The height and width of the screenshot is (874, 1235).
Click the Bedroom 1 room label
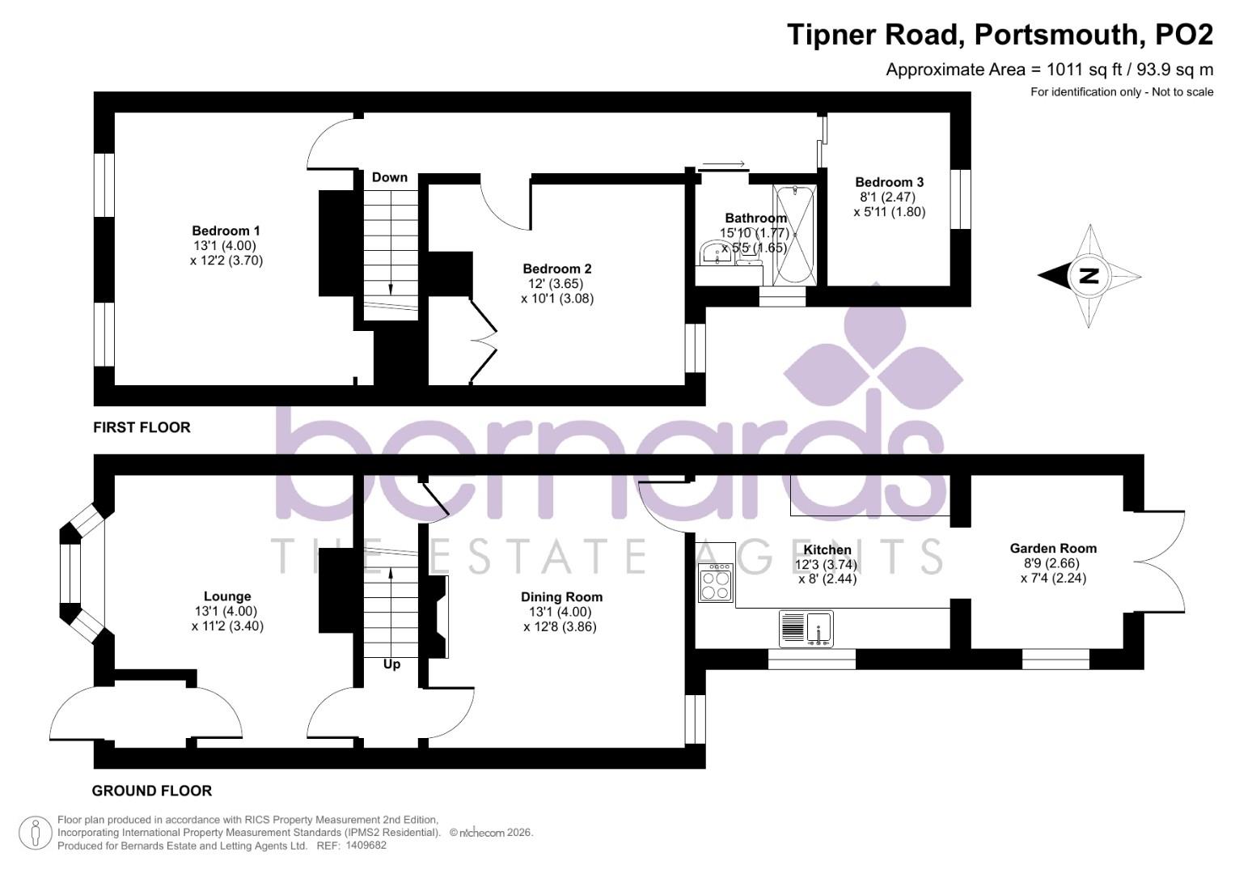226,231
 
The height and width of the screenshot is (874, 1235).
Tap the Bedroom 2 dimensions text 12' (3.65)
556,284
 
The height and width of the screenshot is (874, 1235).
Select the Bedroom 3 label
889,182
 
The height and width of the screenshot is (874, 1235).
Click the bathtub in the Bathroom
795,235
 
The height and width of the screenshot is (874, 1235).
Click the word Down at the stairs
389,177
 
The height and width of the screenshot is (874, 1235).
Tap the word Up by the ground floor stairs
391,664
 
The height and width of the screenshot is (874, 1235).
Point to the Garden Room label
1053,548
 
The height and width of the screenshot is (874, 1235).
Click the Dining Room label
561,597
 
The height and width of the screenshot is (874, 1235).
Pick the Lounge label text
227,596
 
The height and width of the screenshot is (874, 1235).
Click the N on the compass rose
1089,276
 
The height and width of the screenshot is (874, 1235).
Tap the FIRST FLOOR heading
142,427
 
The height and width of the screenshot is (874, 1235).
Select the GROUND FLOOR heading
152,791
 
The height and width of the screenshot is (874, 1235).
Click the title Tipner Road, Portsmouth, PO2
1000,35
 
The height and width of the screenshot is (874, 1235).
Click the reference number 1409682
366,846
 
